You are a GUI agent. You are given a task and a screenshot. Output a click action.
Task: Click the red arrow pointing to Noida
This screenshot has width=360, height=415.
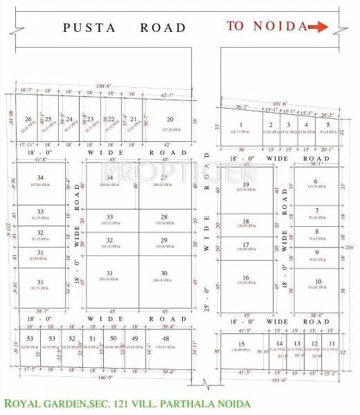click(318, 27)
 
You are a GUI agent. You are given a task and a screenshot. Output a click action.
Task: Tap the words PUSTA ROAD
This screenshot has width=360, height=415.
click(125, 28)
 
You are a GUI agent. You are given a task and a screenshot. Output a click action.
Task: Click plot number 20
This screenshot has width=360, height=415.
click(170, 119)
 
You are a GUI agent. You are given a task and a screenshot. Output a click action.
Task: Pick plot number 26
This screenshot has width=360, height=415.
click(28, 119)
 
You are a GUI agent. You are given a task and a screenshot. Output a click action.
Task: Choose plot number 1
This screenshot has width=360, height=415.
click(240, 124)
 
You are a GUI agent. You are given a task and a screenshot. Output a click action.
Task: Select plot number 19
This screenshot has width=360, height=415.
click(246, 185)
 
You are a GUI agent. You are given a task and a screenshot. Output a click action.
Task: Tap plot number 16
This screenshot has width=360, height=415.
click(246, 278)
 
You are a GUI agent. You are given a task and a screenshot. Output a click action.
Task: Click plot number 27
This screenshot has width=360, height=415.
click(164, 178)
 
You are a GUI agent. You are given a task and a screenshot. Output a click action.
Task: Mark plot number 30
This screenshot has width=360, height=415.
click(164, 273)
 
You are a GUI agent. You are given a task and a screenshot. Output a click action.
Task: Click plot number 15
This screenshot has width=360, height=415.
click(242, 344)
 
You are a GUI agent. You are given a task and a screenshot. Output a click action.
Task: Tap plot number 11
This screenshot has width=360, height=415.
click(332, 344)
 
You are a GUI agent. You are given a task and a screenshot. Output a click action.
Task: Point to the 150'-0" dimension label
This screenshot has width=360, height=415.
click(96, 85)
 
